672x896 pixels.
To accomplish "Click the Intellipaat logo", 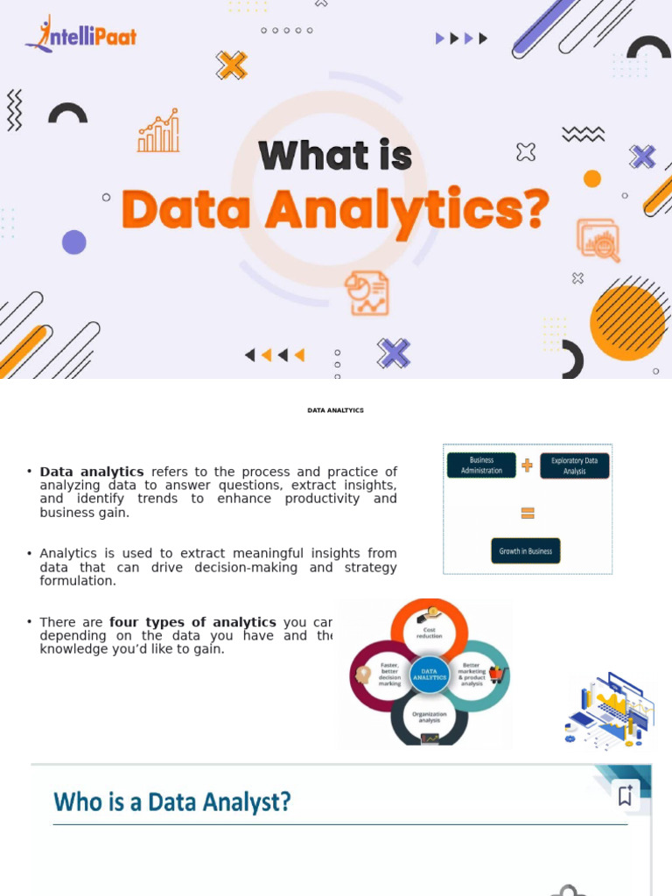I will pos(80,35).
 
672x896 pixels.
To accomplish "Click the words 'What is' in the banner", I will pos(335,156).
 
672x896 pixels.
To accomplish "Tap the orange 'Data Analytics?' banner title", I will pos(336,210).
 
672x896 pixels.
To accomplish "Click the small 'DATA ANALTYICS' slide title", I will pos(335,409).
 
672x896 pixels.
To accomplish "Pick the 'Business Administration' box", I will pos(481,465).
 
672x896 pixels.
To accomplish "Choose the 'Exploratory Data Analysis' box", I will pos(574,465).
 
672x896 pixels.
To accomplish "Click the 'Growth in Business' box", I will pos(525,551).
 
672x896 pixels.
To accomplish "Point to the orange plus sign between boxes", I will pos(527,465).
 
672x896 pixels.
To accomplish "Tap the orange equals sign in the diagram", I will pos(527,513).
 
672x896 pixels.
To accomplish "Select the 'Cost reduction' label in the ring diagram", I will pos(429,633).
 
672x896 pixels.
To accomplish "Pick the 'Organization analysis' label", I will pos(429,717).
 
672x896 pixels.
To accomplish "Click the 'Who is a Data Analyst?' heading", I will pos(171,801).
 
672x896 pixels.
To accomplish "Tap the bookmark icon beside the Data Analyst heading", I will pos(625,795).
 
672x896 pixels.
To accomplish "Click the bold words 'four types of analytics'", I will pos(192,622).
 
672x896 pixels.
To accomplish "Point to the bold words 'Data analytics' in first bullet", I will pos(92,472).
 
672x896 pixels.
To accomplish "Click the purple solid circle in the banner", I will pos(74,242).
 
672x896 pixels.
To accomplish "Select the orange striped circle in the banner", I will pos(627,322).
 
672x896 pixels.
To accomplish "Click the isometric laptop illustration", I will pos(610,710).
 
